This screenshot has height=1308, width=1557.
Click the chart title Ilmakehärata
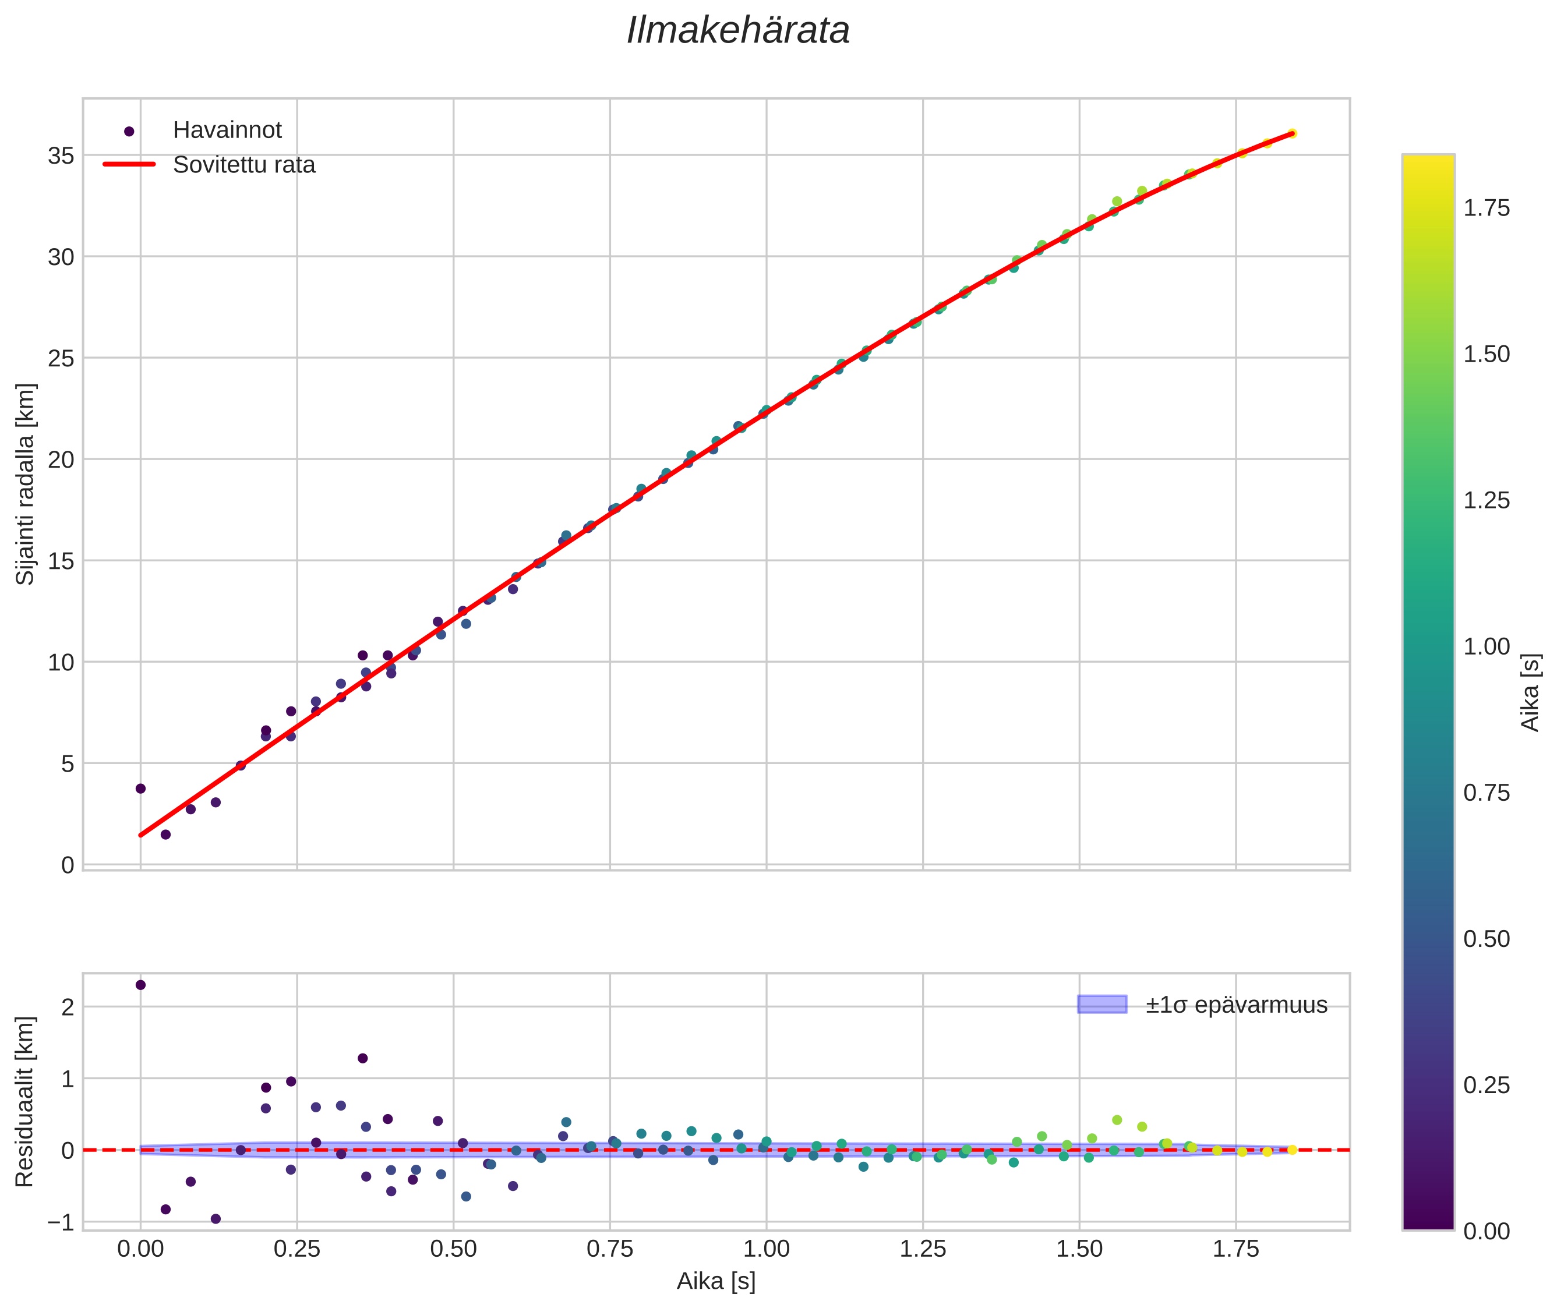click(x=737, y=31)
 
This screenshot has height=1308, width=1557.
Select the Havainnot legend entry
click(x=227, y=130)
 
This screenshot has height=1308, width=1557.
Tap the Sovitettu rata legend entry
click(x=244, y=165)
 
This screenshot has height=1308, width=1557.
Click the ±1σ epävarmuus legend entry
click(x=1236, y=1005)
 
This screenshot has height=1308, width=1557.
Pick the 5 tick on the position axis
click(x=68, y=763)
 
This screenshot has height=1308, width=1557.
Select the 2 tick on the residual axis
click(x=68, y=1007)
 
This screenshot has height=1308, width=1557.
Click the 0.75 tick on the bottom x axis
click(x=610, y=1249)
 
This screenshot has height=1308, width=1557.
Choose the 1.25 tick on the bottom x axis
click(x=923, y=1249)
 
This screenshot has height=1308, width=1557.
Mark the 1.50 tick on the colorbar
click(x=1486, y=355)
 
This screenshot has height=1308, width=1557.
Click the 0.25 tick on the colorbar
click(x=1486, y=1086)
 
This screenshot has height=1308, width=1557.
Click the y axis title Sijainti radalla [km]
click(x=25, y=483)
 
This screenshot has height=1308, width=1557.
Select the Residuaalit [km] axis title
click(x=25, y=1101)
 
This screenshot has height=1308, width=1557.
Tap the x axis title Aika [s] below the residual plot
click(x=716, y=1281)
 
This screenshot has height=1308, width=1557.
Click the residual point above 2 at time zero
click(x=140, y=985)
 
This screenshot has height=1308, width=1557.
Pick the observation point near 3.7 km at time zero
click(x=140, y=788)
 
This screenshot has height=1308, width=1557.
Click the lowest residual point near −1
click(x=215, y=1218)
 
